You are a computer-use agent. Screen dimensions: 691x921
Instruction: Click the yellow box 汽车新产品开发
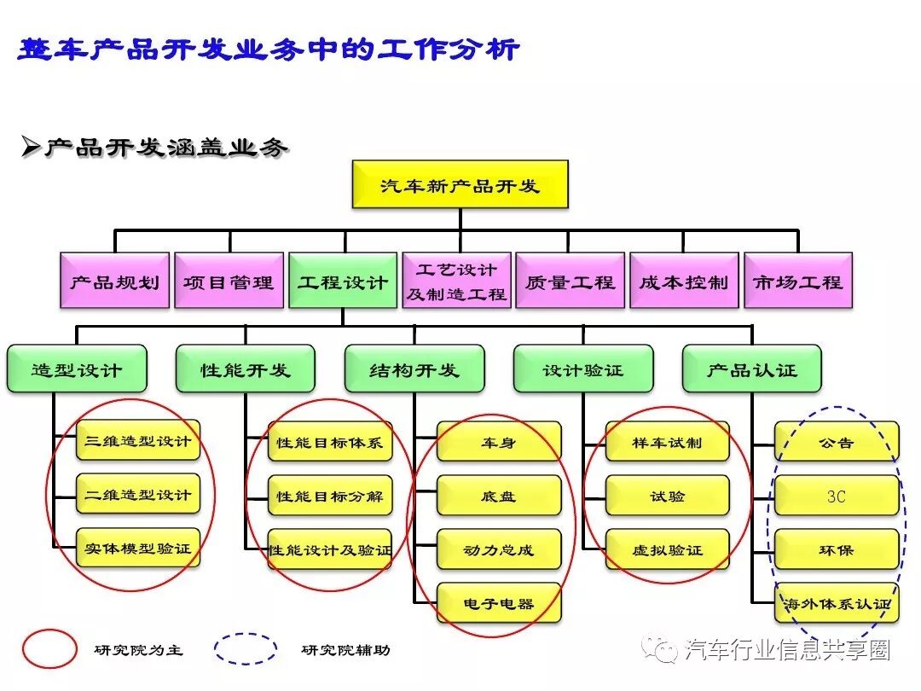coord(460,184)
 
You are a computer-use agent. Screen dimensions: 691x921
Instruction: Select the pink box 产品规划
coord(115,281)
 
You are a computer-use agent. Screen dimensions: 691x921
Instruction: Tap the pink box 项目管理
coord(229,281)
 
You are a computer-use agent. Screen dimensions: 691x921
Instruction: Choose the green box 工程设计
coord(343,281)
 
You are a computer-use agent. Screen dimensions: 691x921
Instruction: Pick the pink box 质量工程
coord(571,281)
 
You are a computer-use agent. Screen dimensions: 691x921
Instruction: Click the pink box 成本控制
coord(684,281)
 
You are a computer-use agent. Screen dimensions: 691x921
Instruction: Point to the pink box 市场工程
coord(798,281)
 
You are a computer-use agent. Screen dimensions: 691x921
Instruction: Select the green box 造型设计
coord(77,369)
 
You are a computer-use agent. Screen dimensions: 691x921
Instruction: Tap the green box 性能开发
coord(246,369)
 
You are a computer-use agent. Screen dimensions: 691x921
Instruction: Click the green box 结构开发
coord(414,369)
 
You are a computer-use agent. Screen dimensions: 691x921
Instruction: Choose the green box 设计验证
coord(583,369)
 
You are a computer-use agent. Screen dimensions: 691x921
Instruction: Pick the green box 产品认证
coord(752,369)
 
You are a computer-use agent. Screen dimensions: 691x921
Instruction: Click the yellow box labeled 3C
coord(837,496)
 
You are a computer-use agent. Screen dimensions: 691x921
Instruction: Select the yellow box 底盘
coord(499,496)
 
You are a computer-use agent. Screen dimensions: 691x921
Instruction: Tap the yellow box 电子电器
coord(499,603)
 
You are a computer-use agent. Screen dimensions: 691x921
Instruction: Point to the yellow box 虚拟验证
coord(668,549)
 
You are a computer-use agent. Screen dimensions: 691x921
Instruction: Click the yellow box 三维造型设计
coord(138,441)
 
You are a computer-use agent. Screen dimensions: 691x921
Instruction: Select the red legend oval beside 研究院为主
coord(49,649)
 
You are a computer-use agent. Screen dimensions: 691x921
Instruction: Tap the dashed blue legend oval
coord(246,649)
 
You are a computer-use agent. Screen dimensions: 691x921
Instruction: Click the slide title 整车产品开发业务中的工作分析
coord(269,49)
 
